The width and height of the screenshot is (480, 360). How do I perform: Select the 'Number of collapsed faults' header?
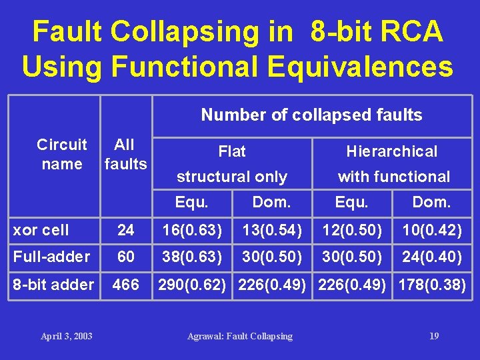coord(311,115)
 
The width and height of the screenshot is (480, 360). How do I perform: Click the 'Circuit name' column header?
coord(62,154)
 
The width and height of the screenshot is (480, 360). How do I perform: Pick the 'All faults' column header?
coord(125,154)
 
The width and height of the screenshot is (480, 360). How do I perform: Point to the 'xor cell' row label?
coord(41,230)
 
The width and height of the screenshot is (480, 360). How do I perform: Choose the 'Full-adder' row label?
coord(51,257)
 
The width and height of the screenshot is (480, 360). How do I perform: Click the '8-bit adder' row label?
coord(54,285)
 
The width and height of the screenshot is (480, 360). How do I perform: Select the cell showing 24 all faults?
coord(125,230)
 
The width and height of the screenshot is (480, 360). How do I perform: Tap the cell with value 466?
coord(125,285)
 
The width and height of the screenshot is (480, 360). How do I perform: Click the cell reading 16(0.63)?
coord(192,230)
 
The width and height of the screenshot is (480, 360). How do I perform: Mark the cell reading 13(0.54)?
coord(272,230)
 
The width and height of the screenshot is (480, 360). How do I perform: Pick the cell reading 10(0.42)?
coord(432,230)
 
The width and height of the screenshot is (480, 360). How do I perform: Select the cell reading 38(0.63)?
coord(192,257)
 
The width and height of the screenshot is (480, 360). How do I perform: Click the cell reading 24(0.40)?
coord(432,257)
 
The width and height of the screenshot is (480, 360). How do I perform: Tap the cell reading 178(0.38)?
coord(432,285)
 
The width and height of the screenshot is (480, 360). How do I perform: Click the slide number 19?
coord(434,336)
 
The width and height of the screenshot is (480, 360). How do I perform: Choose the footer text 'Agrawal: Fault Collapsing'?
coord(240,336)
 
